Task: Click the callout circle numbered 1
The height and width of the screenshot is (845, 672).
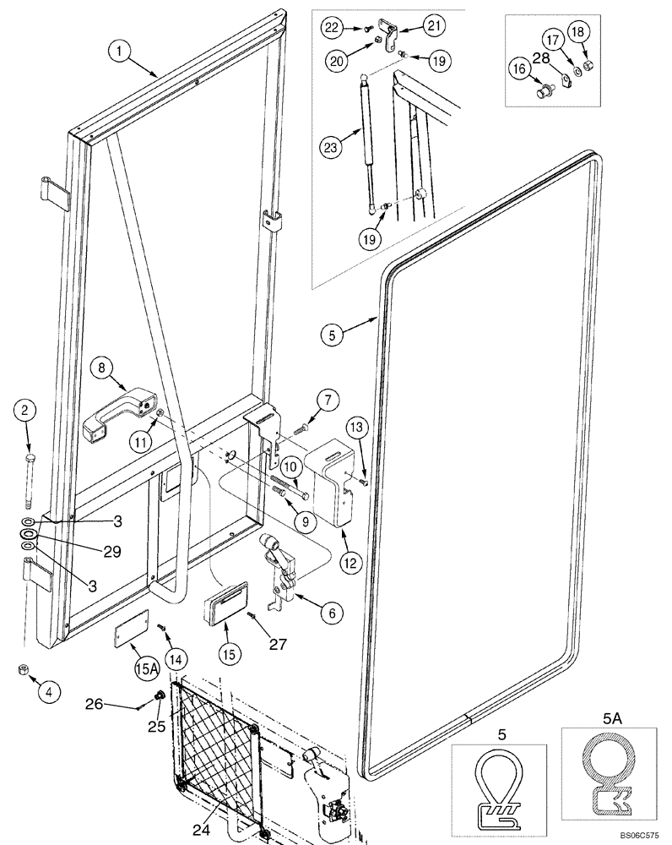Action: tap(119, 52)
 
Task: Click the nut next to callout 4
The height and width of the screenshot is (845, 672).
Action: tap(23, 670)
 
